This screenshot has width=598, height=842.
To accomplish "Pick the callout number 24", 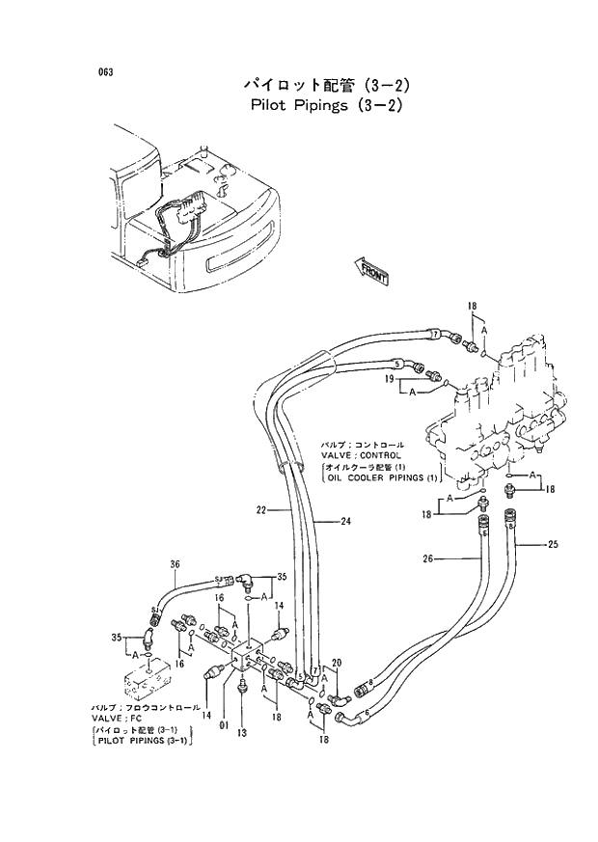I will pyautogui.click(x=345, y=522).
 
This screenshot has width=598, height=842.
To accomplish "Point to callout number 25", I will pyautogui.click(x=553, y=545).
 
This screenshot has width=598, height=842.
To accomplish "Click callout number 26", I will pyautogui.click(x=428, y=558).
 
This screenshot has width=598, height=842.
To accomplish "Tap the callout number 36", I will pyautogui.click(x=175, y=564).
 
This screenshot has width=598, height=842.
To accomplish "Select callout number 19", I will pyautogui.click(x=389, y=380).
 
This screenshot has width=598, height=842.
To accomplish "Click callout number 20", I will pyautogui.click(x=336, y=662).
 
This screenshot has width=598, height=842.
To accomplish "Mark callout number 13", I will pyautogui.click(x=242, y=733).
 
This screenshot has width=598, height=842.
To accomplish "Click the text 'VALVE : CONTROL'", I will pyautogui.click(x=362, y=455).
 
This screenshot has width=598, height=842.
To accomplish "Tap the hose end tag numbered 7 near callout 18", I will pyautogui.click(x=435, y=334).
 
